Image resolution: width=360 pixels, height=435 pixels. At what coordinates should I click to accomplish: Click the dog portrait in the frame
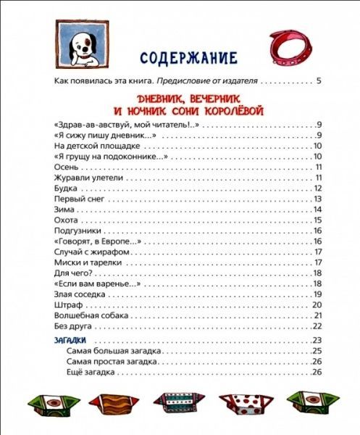79,45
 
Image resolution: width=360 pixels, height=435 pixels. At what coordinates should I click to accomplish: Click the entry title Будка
65,188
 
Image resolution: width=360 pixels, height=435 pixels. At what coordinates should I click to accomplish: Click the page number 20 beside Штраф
317,304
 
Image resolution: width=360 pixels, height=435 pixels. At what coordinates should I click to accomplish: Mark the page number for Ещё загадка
317,372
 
